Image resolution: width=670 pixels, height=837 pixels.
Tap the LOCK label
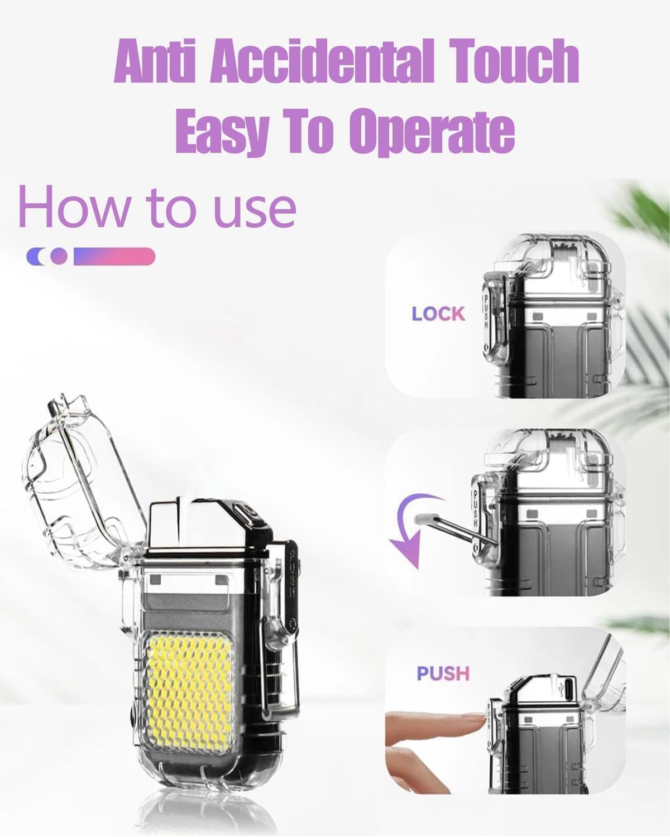tap(438, 314)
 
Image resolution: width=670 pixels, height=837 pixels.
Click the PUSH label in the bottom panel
tap(443, 674)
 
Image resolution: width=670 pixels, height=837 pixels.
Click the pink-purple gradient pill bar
tap(114, 256)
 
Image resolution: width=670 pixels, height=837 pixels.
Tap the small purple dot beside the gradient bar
tap(59, 256)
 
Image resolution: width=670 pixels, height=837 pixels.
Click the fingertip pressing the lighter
tap(477, 723)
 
